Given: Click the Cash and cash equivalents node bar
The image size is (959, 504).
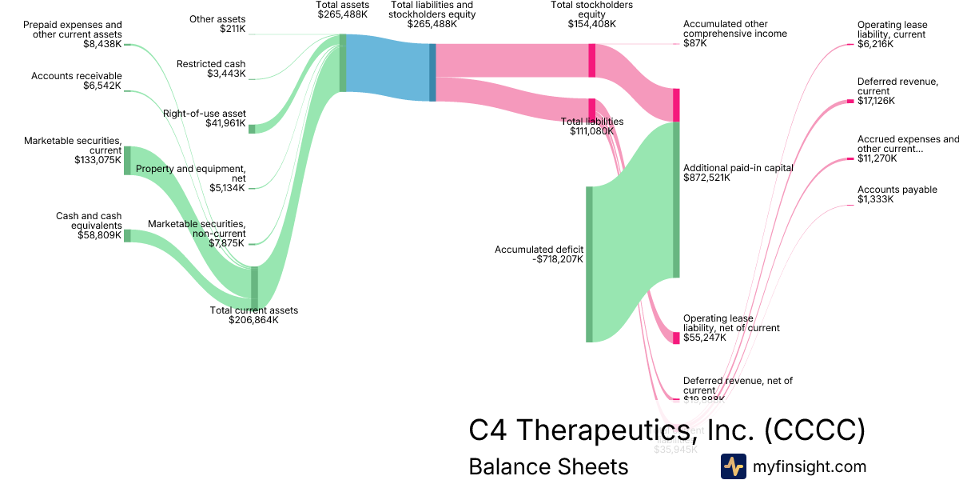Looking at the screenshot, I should tap(127, 235).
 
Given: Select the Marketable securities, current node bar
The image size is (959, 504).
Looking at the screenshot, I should tap(127, 160).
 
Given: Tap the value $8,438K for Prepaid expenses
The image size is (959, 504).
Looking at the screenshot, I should tap(102, 45).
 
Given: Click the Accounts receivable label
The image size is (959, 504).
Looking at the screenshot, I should tap(77, 76).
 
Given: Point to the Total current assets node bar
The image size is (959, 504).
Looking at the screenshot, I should tap(255, 286).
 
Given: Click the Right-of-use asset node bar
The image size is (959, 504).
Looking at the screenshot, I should tap(252, 129).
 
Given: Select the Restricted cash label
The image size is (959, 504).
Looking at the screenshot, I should tap(211, 64).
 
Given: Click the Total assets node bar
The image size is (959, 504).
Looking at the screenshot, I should tap(343, 62).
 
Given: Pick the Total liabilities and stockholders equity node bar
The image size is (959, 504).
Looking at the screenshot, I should tap(433, 72).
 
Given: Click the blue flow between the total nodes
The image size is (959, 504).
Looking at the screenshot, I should tap(388, 68).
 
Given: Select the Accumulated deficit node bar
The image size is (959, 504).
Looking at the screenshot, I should tap(590, 264).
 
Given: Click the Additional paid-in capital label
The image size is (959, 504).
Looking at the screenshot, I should tap(738, 168).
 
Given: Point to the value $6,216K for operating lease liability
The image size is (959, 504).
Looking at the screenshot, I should tap(875, 45).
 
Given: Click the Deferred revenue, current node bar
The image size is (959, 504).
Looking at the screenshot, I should tap(850, 102).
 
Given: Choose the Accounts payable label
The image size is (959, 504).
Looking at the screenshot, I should tap(897, 190).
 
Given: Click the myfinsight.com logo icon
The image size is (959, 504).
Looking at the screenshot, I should tap(734, 466).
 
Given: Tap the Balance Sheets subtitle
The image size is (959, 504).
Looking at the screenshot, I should tap(548, 466).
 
